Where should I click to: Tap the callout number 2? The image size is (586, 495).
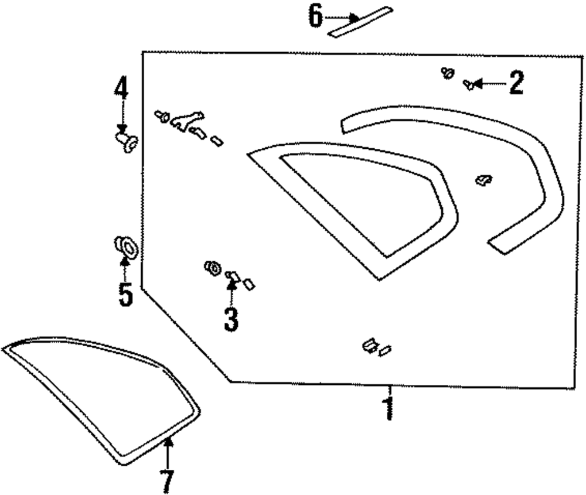(x=516, y=84)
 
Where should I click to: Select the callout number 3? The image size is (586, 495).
(x=231, y=318)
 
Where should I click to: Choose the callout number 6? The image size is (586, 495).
(x=316, y=17)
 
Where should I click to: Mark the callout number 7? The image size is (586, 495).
(x=167, y=481)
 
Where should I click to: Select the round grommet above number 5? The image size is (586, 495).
(x=125, y=247)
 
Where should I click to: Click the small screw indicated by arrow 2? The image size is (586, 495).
(x=469, y=85)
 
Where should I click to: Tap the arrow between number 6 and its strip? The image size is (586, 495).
(x=341, y=18)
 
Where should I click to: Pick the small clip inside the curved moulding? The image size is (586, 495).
(x=483, y=180)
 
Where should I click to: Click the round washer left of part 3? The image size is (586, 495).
(x=212, y=268)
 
